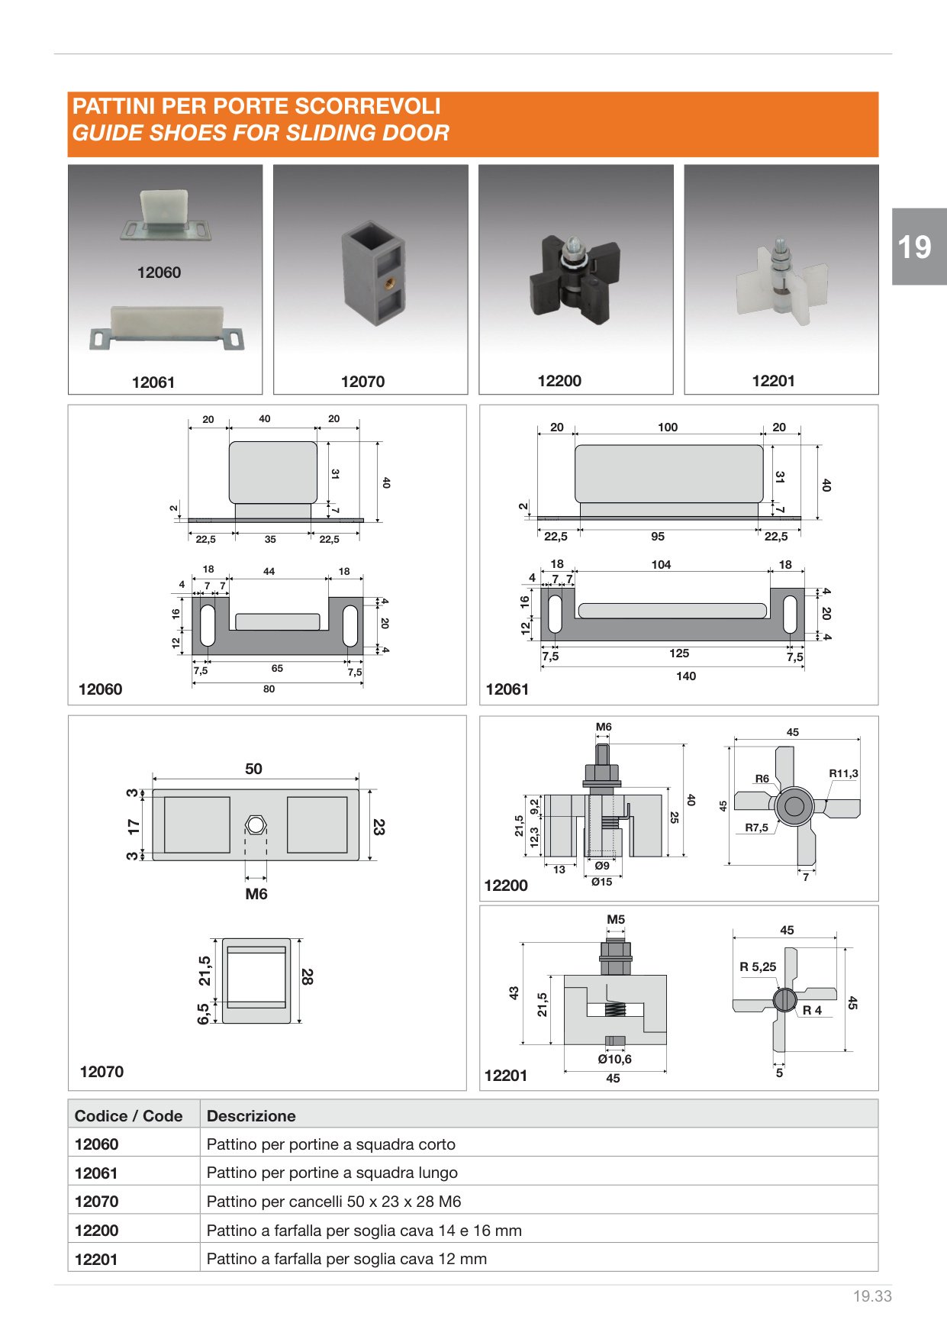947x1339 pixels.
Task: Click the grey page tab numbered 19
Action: pyautogui.click(x=919, y=247)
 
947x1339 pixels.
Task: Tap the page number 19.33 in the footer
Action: pyautogui.click(x=872, y=1296)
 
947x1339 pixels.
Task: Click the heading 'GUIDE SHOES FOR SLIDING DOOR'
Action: pyautogui.click(x=261, y=133)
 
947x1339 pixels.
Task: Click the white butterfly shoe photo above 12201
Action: pyautogui.click(x=781, y=279)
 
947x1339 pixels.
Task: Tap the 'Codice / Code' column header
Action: pyautogui.click(x=128, y=1115)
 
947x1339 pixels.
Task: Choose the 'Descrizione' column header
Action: pyautogui.click(x=251, y=1115)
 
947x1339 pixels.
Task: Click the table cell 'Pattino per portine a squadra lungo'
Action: pyautogui.click(x=332, y=1173)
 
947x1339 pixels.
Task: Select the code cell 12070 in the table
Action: pyautogui.click(x=96, y=1202)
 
